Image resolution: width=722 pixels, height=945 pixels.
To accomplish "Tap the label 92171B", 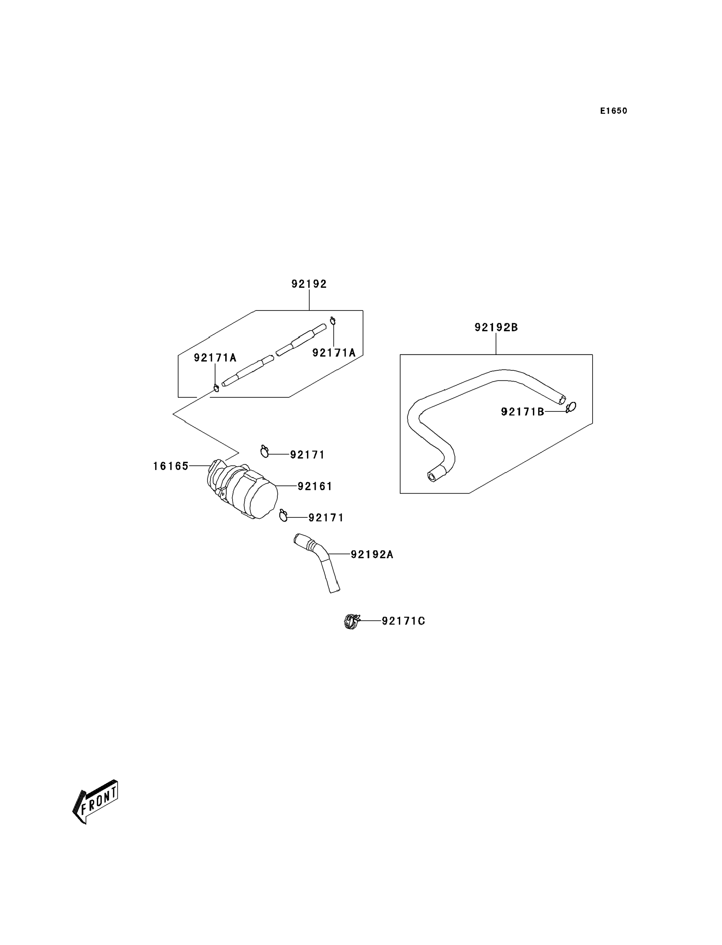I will point(523,412).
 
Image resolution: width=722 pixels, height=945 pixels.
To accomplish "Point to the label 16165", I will point(171,466).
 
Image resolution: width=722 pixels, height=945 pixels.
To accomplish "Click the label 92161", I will point(315,486).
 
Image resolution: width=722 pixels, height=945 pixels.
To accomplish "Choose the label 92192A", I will point(372,555).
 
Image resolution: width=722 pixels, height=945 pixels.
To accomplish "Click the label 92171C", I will point(403,621).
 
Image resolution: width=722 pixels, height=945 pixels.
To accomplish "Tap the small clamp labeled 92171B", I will point(572,407).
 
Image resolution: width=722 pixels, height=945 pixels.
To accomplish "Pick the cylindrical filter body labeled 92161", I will point(253,495).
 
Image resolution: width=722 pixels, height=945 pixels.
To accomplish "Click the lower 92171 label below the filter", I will point(326,518).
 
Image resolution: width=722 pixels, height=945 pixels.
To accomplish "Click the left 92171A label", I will point(215,358).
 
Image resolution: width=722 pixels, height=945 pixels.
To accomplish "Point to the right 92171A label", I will point(334,353).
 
